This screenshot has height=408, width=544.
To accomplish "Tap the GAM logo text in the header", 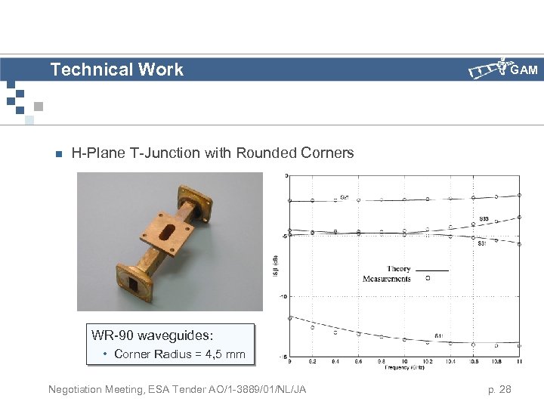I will click(524, 70).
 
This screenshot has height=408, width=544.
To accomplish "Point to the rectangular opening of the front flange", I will click(135, 285).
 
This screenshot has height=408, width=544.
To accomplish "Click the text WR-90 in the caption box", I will click(112, 335).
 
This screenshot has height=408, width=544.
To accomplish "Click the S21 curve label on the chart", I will click(344, 197).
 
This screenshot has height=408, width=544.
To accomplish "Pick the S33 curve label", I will click(484, 219).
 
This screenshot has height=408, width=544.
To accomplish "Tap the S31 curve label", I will click(481, 243).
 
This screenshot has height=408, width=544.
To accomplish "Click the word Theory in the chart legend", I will click(398, 269).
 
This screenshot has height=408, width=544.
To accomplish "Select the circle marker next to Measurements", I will click(428, 279).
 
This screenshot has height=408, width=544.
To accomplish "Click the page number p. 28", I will click(499, 390).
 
